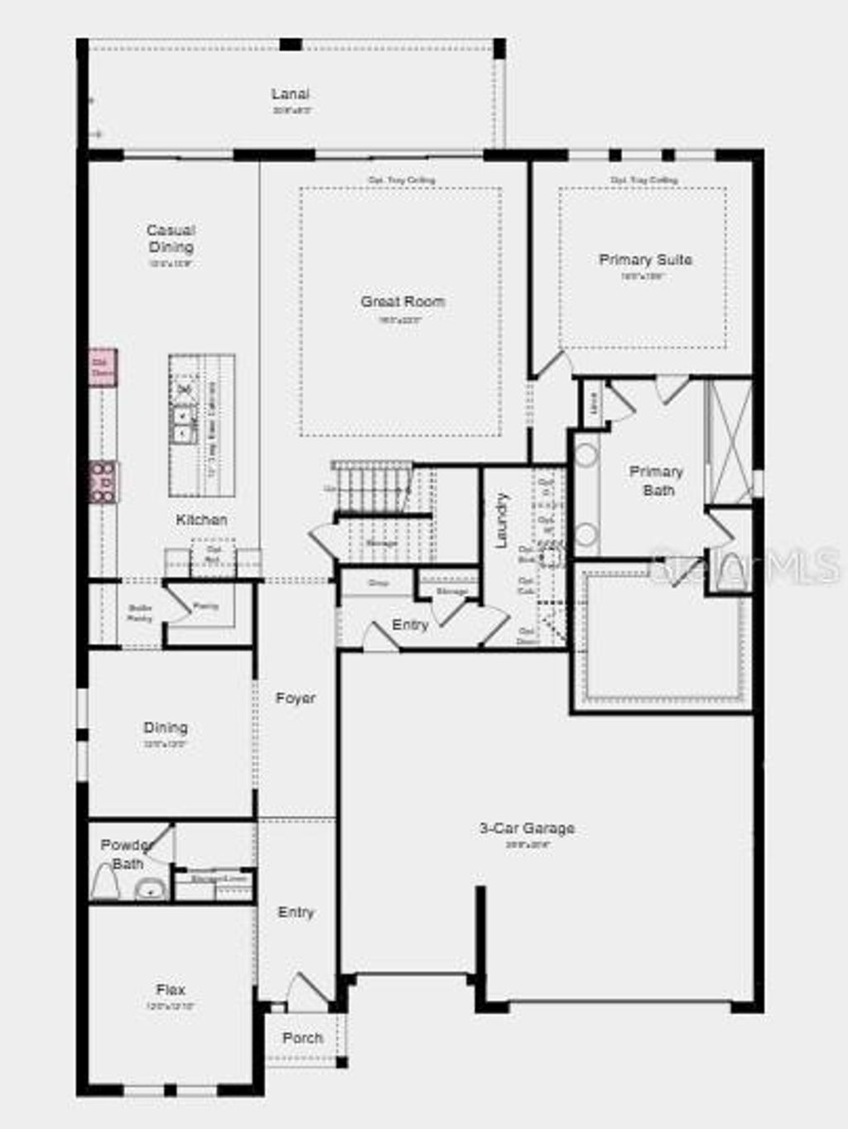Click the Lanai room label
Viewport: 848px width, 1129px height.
coord(290,94)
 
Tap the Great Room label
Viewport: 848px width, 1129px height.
coord(402,302)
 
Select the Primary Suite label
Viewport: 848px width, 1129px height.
coord(645,260)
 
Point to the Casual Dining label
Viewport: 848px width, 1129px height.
coord(171,238)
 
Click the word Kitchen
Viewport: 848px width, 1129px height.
coord(201,520)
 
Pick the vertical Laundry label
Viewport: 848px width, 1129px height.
coord(501,521)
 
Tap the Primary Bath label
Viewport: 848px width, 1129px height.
coord(657,481)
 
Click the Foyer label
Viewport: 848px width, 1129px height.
coord(296,699)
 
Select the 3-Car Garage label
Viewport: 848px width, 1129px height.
coord(528,828)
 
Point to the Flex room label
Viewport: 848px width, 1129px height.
coord(171,989)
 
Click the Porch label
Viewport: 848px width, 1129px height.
coord(302,1038)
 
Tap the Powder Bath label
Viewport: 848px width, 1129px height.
coord(127,854)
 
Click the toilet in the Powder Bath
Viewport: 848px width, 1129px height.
coord(104,882)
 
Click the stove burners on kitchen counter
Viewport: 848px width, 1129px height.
coord(103,482)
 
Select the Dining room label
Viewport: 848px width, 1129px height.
coord(166,728)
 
